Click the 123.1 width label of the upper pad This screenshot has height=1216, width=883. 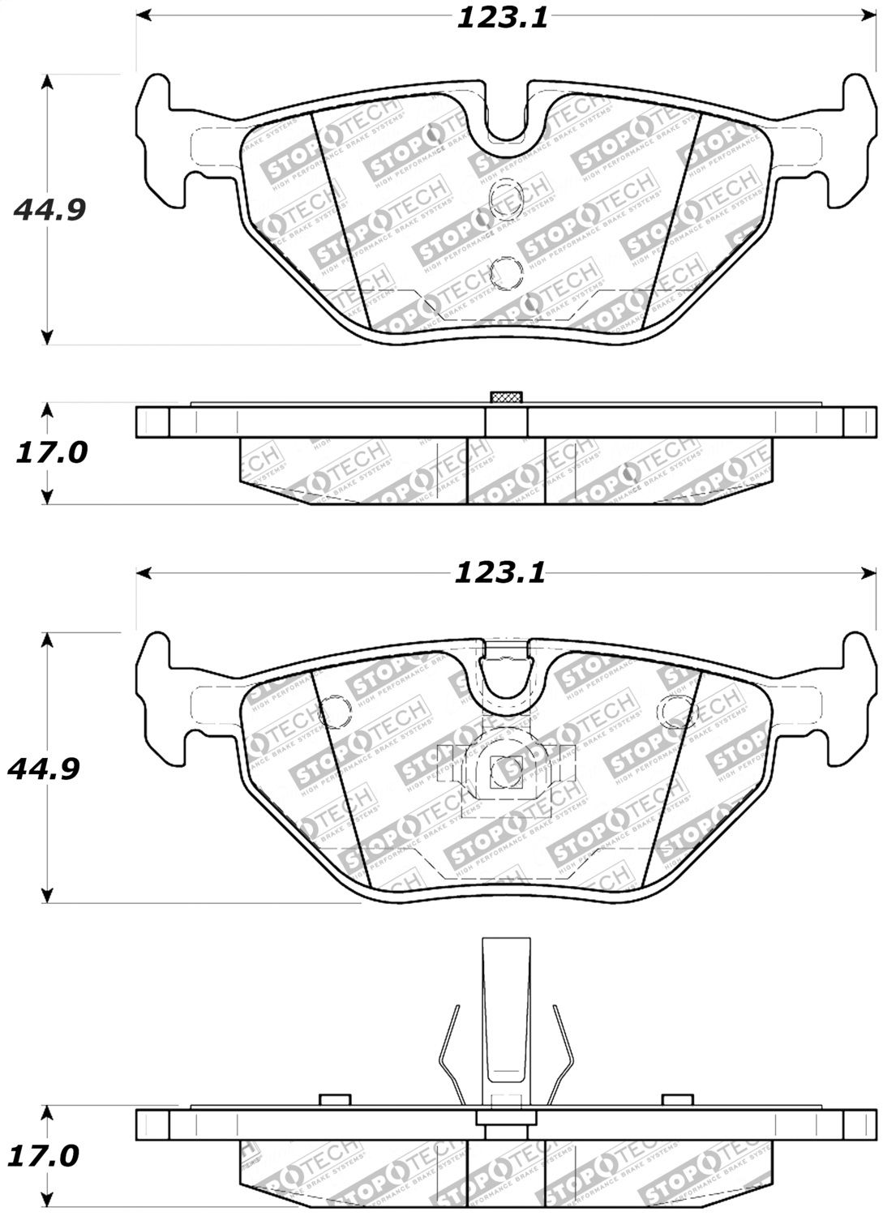pyautogui.click(x=503, y=17)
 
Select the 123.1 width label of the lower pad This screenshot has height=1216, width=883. pyautogui.click(x=499, y=573)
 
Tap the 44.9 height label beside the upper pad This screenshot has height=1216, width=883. pyautogui.click(x=49, y=209)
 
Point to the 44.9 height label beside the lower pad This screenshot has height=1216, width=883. pyautogui.click(x=44, y=768)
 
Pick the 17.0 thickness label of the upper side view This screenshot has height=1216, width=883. pyautogui.click(x=51, y=452)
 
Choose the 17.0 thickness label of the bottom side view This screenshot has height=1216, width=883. pyautogui.click(x=45, y=1154)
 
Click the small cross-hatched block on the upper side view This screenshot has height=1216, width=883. pyautogui.click(x=507, y=396)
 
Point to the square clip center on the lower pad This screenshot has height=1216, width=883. pyautogui.click(x=507, y=769)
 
